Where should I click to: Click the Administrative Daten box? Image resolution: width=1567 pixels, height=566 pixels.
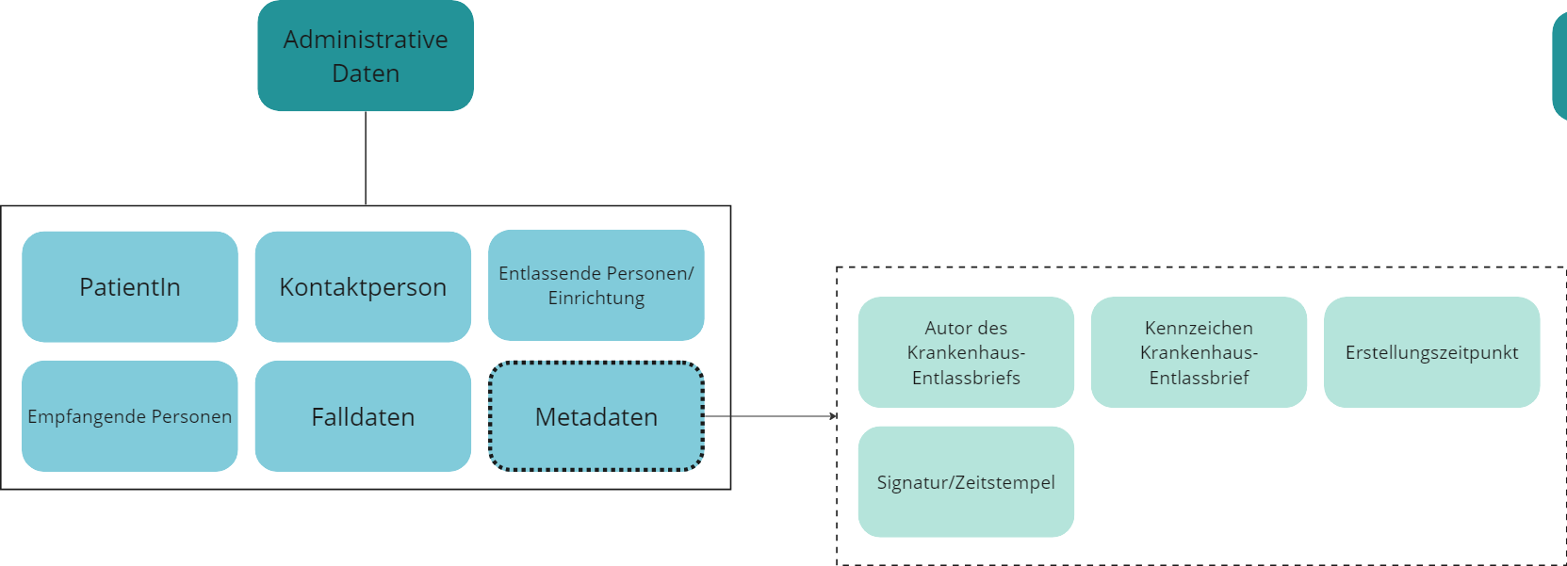366,56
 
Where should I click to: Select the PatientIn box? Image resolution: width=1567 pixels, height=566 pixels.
130,286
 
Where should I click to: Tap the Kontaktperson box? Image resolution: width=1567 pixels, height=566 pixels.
363,286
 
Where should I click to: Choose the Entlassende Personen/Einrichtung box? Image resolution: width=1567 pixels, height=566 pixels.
596,285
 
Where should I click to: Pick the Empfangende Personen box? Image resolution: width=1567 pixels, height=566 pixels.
130,416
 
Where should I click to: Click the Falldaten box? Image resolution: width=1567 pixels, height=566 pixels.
363,416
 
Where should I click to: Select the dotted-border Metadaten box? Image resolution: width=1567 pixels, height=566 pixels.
596,416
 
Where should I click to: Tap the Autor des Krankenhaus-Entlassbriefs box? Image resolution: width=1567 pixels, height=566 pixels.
966,352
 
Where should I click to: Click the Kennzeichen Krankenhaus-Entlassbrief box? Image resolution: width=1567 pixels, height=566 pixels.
1199,352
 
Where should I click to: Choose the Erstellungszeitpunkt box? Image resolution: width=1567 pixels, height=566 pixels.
1431,352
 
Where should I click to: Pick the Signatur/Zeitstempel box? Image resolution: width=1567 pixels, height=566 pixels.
966,482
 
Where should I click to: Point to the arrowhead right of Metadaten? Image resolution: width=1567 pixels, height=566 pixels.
832,416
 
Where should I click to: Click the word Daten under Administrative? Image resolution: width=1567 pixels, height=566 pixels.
366,73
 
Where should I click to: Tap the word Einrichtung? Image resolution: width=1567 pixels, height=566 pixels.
596,299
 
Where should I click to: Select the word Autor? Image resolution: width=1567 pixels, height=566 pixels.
946,328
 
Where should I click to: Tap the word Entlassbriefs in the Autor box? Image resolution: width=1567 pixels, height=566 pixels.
966,378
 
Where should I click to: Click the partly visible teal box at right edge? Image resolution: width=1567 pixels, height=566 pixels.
1560,66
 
